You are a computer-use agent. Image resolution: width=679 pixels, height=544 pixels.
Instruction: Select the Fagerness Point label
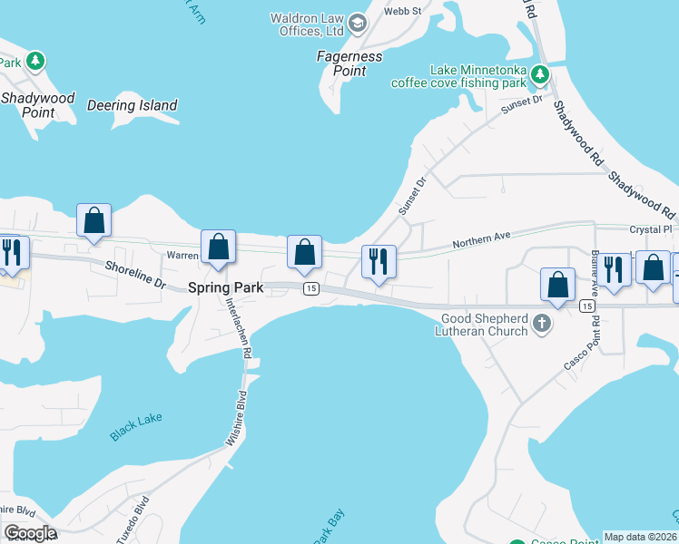click(349, 63)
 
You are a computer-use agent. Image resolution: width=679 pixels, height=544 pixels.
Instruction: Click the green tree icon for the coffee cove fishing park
click(540, 73)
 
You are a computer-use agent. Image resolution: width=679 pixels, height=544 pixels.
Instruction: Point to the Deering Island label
click(133, 105)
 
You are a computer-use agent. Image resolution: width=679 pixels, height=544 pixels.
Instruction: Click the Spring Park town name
click(225, 287)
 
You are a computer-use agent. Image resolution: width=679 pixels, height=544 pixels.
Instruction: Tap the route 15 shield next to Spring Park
click(310, 288)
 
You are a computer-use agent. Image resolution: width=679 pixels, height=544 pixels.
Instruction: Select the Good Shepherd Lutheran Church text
click(484, 325)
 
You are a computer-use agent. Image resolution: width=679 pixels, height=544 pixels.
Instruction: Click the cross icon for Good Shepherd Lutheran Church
click(542, 324)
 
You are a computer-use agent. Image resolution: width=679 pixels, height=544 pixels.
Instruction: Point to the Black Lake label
click(136, 428)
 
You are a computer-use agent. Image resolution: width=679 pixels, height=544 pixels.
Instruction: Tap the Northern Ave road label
click(482, 240)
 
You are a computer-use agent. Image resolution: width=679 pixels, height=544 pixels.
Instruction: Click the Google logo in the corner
click(30, 532)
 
